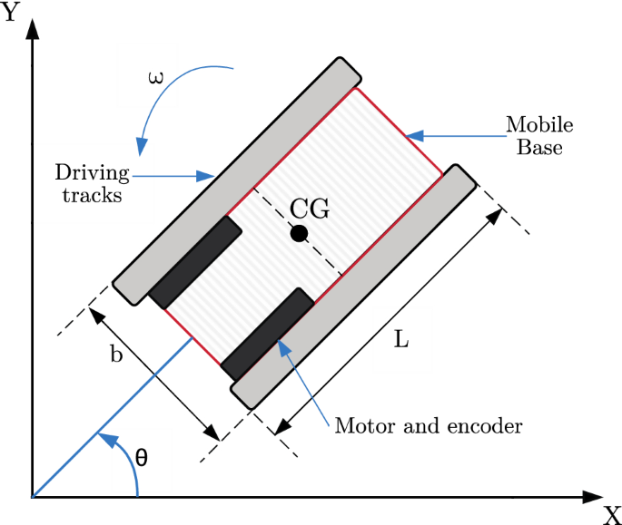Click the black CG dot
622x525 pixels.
click(299, 234)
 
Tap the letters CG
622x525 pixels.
click(309, 209)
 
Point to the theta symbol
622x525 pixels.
click(141, 456)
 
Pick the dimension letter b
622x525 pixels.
click(116, 355)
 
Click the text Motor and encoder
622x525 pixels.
click(429, 425)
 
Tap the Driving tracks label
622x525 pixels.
click(88, 182)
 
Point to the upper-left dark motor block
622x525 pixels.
click(196, 262)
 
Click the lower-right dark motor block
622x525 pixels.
click(268, 335)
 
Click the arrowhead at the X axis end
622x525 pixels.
click(590, 497)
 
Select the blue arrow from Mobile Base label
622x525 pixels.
click(454, 137)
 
